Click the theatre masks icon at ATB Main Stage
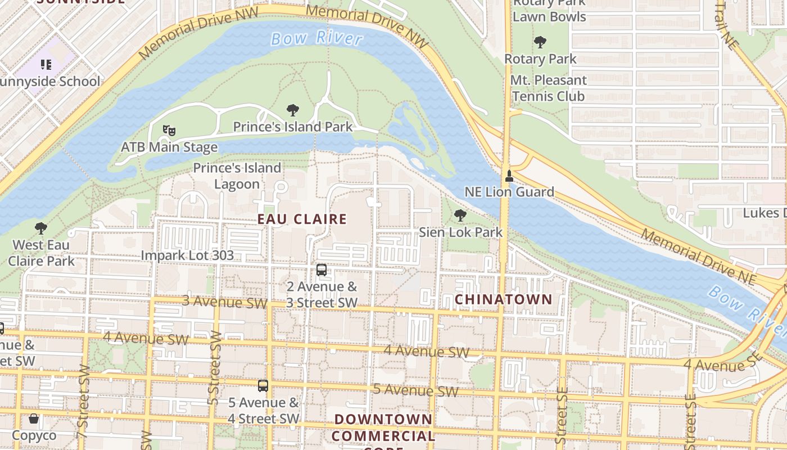coord(169,130)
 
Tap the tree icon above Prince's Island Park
coord(292,110)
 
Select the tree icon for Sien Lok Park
coord(460,215)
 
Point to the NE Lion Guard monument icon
coord(509,176)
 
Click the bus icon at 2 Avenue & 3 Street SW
coord(322,270)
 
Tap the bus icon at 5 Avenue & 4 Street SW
coord(263,386)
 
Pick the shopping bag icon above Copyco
coord(34,419)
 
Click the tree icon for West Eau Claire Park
coord(40,228)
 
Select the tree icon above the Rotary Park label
coord(540,42)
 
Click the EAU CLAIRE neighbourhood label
coord(302,219)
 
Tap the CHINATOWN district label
coord(504,299)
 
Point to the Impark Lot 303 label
coord(187,255)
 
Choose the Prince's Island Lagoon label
coord(237,176)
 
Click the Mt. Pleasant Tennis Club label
coord(548,88)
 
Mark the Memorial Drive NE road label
coord(703,256)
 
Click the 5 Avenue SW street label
coord(416,390)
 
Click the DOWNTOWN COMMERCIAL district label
coord(383,427)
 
